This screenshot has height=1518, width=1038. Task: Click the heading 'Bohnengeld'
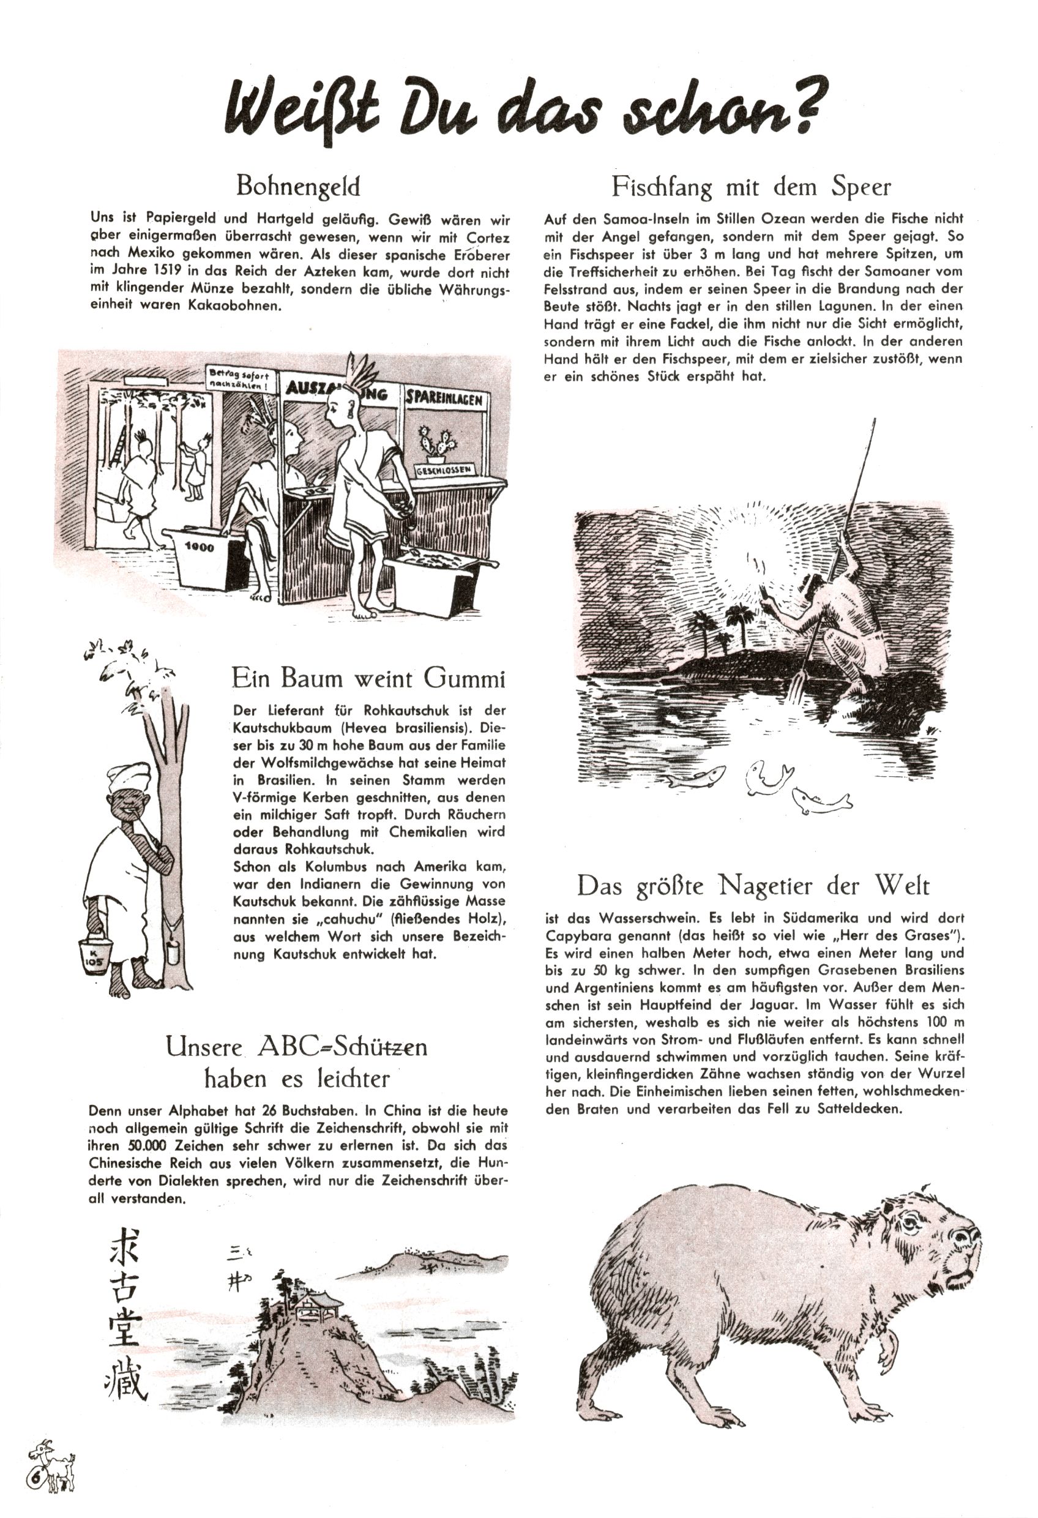(x=297, y=187)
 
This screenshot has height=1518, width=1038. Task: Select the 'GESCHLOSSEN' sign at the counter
(x=444, y=469)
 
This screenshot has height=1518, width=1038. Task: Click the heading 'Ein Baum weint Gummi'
(x=368, y=679)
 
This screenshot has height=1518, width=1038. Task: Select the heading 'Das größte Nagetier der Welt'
(x=753, y=886)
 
